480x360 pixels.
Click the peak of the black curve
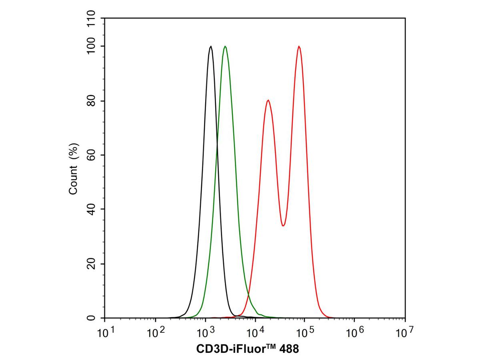click(211, 46)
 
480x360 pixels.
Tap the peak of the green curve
click(226, 46)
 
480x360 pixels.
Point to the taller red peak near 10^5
click(299, 46)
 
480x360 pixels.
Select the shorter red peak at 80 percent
click(268, 100)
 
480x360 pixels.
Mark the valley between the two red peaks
click(283, 226)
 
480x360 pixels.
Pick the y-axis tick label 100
click(91, 46)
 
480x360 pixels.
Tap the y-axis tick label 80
click(91, 101)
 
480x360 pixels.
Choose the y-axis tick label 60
click(91, 155)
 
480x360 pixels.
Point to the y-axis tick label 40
click(91, 209)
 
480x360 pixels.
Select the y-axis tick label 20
click(91, 264)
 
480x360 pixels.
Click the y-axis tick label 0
click(91, 318)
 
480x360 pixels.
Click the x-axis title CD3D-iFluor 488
click(248, 349)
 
